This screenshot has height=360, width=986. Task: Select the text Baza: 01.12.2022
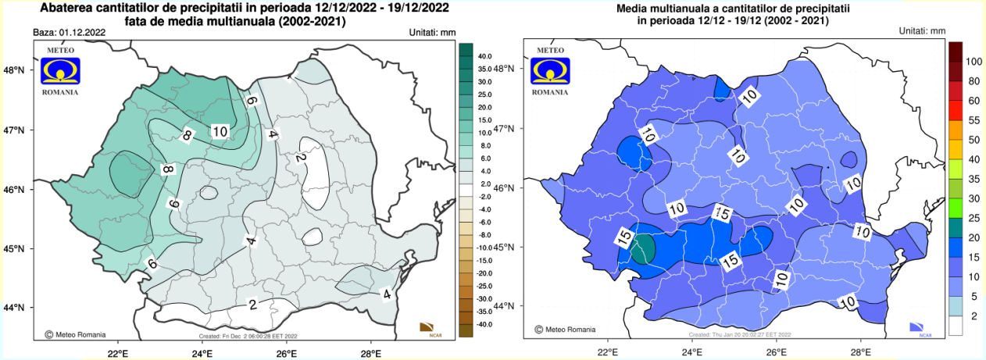[70, 33]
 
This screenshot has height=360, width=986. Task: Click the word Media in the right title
[635, 9]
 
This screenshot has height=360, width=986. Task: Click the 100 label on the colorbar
[973, 61]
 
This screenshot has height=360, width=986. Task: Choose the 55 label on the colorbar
[973, 120]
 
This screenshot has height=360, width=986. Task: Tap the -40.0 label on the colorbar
[484, 324]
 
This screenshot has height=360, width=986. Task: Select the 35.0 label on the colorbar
[484, 69]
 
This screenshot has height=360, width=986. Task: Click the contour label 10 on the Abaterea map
[220, 131]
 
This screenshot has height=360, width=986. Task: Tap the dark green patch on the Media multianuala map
[642, 249]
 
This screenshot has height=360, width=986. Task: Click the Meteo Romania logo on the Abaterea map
[59, 70]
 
